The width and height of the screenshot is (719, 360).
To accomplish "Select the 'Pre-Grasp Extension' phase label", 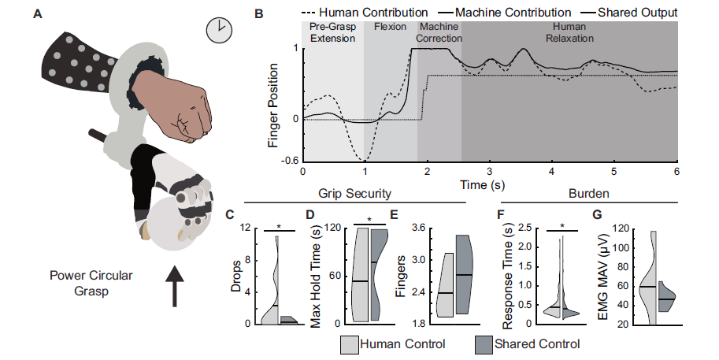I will point(332,32).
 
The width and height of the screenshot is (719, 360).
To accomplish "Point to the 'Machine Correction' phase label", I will point(439,32).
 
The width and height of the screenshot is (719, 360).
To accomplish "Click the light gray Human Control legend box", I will point(350,344).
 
